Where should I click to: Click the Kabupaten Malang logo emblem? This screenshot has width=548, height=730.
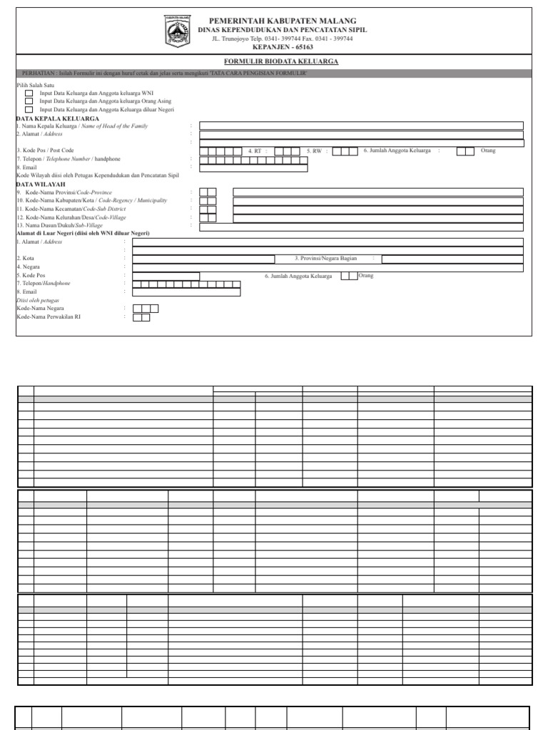pos(176,32)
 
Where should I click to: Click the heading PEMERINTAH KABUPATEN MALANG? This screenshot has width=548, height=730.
pos(283,21)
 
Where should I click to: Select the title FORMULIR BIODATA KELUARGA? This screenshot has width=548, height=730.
pos(281,62)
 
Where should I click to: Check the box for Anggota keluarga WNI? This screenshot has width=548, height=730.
pos(29,93)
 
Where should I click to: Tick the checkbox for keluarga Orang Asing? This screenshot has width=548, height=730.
pos(29,101)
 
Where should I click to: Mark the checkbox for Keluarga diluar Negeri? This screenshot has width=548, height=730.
pos(29,110)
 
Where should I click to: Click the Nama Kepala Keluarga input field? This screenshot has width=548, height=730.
pos(361,125)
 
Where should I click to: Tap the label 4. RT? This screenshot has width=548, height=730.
pos(255,151)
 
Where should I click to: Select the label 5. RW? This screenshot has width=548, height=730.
pos(315,151)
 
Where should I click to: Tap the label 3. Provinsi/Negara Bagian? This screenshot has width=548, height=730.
pos(325,258)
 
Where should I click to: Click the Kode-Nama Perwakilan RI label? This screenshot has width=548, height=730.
pos(49,317)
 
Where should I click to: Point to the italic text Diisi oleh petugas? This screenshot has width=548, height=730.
pos(38,300)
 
